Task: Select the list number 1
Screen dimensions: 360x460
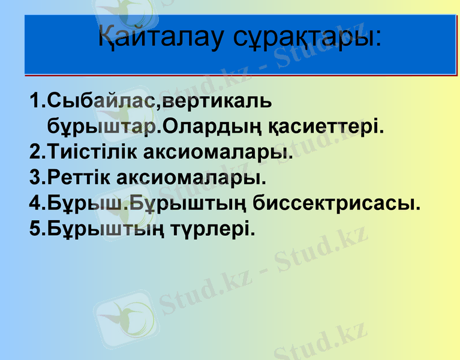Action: pos(35,100)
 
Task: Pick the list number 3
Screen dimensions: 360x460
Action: pos(35,178)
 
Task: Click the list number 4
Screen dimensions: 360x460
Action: pos(35,203)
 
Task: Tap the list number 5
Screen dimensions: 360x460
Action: pos(35,229)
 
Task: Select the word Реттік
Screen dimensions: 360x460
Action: pos(78,178)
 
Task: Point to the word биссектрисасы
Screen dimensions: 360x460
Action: pos(336,203)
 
